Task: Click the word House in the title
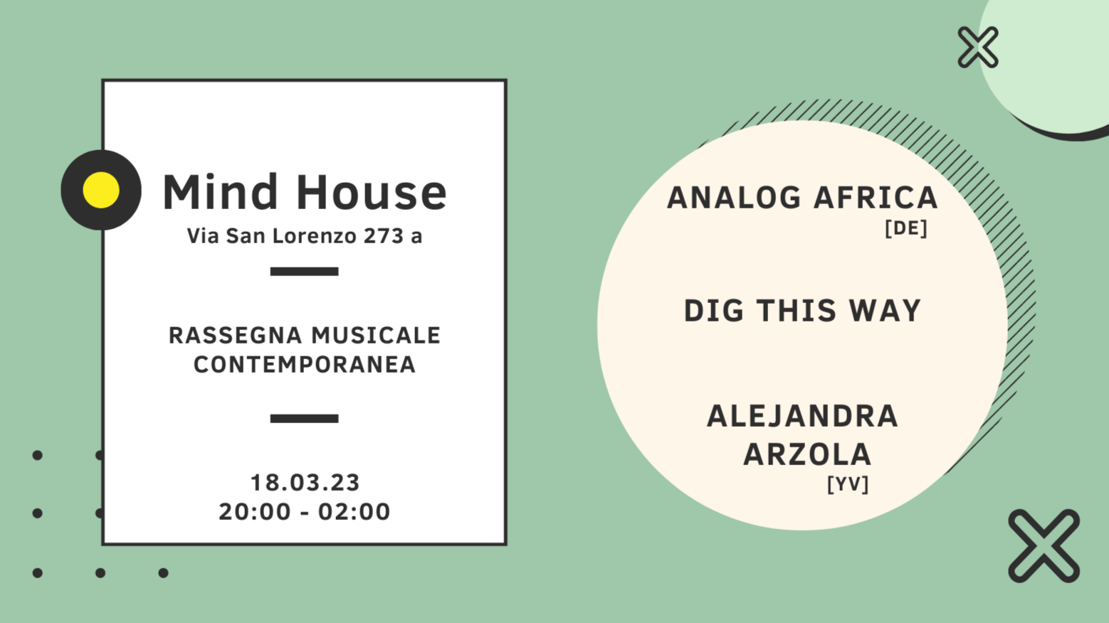(x=371, y=192)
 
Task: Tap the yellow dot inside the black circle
(x=101, y=190)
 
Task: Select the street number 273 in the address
(x=384, y=236)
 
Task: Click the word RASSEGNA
(x=234, y=335)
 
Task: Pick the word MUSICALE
(x=376, y=335)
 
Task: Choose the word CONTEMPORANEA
(x=305, y=365)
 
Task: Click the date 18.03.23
(x=305, y=483)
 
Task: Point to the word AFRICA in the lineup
(x=876, y=198)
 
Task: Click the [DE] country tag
(x=905, y=228)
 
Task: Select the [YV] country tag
(x=848, y=484)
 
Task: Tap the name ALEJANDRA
(x=802, y=417)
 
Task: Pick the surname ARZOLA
(x=807, y=454)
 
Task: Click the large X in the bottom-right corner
(x=1044, y=545)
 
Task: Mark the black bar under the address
(x=304, y=271)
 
